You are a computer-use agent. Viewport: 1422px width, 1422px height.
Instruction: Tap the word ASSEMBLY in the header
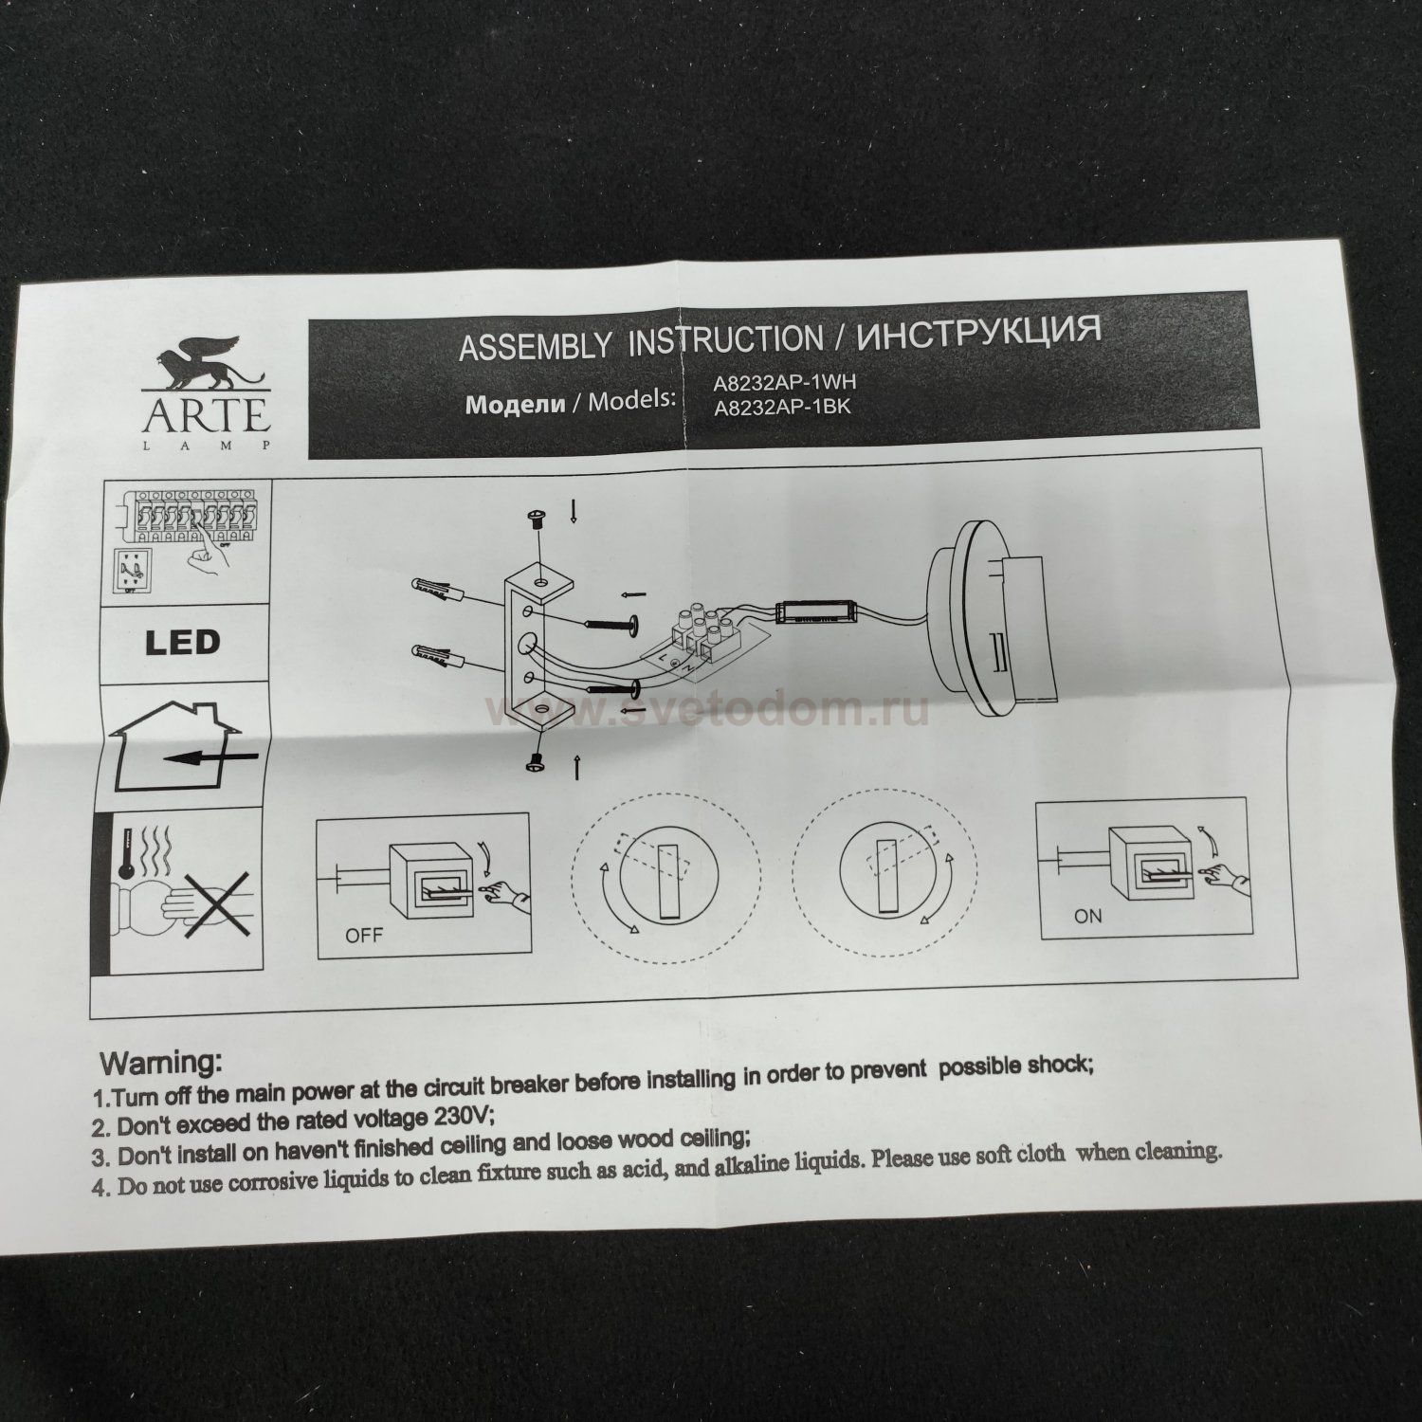535,346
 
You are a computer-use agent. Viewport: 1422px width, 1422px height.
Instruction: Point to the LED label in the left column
182,642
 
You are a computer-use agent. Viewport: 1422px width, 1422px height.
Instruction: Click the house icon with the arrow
181,749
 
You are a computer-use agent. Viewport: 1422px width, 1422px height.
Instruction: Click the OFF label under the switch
364,936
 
